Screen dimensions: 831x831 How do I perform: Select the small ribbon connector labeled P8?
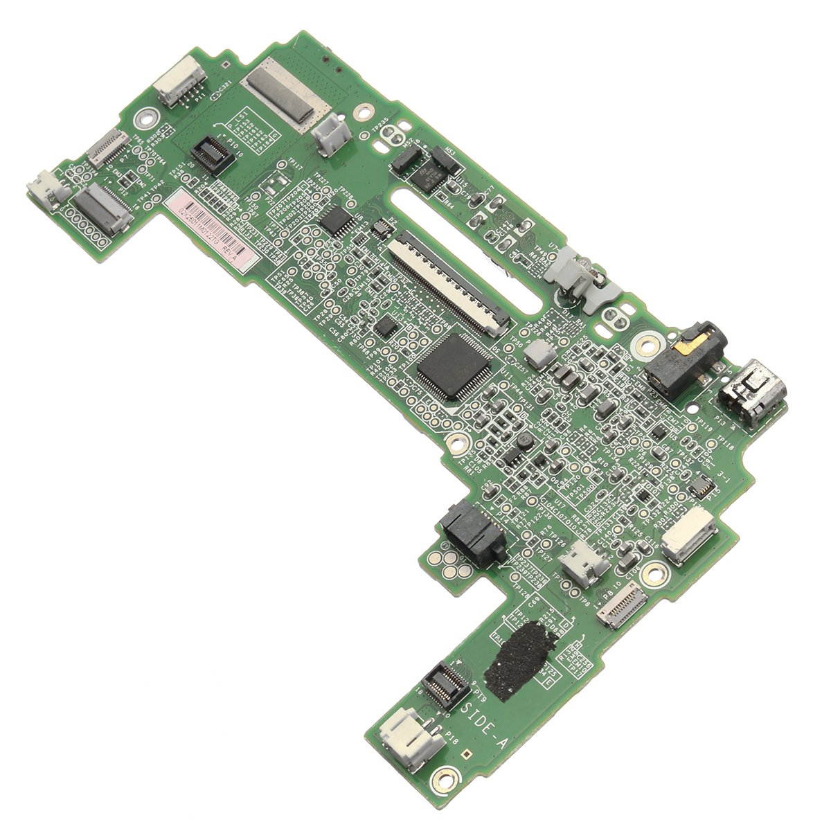coord(622,606)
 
